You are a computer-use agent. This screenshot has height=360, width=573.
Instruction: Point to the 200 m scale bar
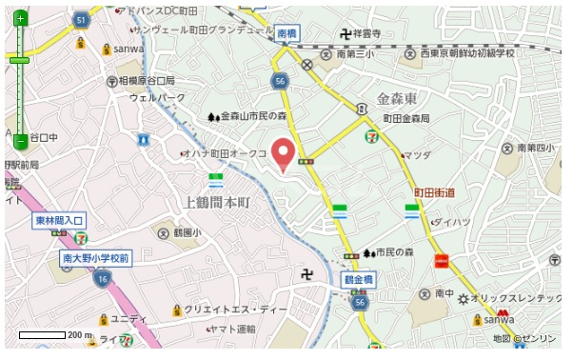[x=55, y=335]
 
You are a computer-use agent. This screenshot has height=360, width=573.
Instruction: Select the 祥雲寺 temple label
[x=366, y=33]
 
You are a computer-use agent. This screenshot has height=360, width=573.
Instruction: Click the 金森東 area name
[x=398, y=99]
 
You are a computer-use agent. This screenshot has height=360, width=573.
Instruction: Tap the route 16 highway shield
[x=102, y=280]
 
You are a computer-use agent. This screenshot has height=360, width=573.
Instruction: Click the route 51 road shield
[x=82, y=20]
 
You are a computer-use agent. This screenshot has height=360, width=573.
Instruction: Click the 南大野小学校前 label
[x=96, y=258]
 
